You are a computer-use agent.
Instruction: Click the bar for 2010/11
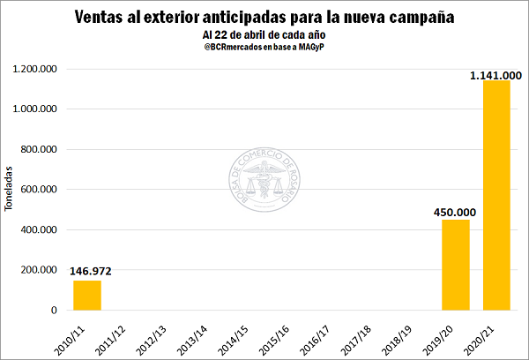pyautogui.click(x=86, y=295)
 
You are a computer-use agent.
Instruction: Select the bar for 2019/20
pyautogui.click(x=455, y=265)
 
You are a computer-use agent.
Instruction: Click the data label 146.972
pyautogui.click(x=90, y=272)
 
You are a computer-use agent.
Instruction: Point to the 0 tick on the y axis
pyautogui.click(x=55, y=311)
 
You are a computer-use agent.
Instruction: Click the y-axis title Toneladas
pyautogui.click(x=10, y=189)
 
